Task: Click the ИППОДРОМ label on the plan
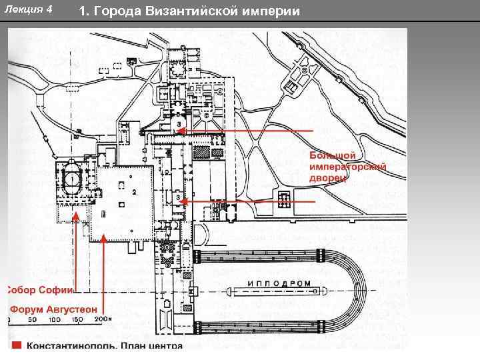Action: coord(279,283)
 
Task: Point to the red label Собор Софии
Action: coord(40,290)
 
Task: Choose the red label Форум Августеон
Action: coord(53,309)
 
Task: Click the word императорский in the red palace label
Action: coord(347,167)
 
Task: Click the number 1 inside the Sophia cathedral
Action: coord(71,179)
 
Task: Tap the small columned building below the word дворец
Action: coord(284,199)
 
